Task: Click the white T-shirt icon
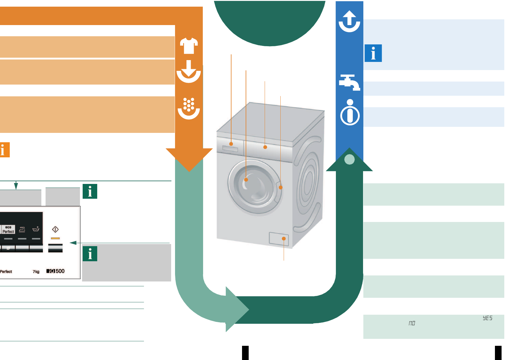pyautogui.click(x=189, y=46)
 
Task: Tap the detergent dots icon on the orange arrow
pyautogui.click(x=189, y=108)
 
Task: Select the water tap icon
pyautogui.click(x=349, y=82)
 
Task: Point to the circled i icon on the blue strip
pyautogui.click(x=350, y=112)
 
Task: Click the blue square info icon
pyautogui.click(x=373, y=53)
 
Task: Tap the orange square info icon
pyautogui.click(x=4, y=150)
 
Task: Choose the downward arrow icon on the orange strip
pyautogui.click(x=189, y=71)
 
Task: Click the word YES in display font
pyautogui.click(x=487, y=318)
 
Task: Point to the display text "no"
pyautogui.click(x=412, y=323)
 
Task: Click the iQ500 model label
pyautogui.click(x=56, y=271)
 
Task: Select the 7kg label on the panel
pyautogui.click(x=36, y=272)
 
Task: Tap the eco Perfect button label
pyautogui.click(x=8, y=230)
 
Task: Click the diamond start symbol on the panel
pyautogui.click(x=55, y=229)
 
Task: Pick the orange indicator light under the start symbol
pyautogui.click(x=55, y=238)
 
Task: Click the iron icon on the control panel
pyautogui.click(x=22, y=230)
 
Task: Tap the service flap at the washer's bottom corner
pyautogui.click(x=279, y=239)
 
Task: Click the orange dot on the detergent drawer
pyautogui.click(x=231, y=144)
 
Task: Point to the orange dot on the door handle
pyautogui.click(x=281, y=188)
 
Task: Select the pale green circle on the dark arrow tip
pyautogui.click(x=349, y=159)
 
